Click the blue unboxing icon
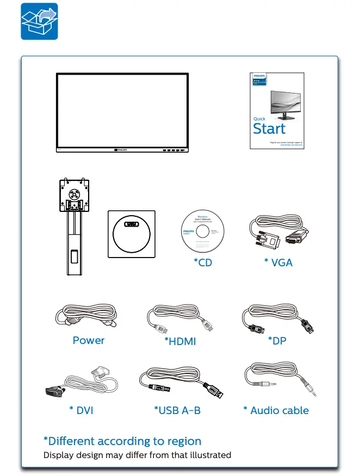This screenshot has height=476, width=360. point(39,21)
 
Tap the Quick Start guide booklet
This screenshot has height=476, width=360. point(277,110)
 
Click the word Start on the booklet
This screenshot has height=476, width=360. point(269,129)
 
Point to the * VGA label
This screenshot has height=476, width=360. point(278,262)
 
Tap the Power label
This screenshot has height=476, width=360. point(89,340)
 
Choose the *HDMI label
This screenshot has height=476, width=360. point(180,341)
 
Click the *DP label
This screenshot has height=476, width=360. point(277,340)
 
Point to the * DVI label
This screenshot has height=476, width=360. point(81,410)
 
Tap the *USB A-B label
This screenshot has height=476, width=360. point(177,410)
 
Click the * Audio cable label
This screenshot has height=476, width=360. point(276,410)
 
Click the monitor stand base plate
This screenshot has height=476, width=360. point(131,234)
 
